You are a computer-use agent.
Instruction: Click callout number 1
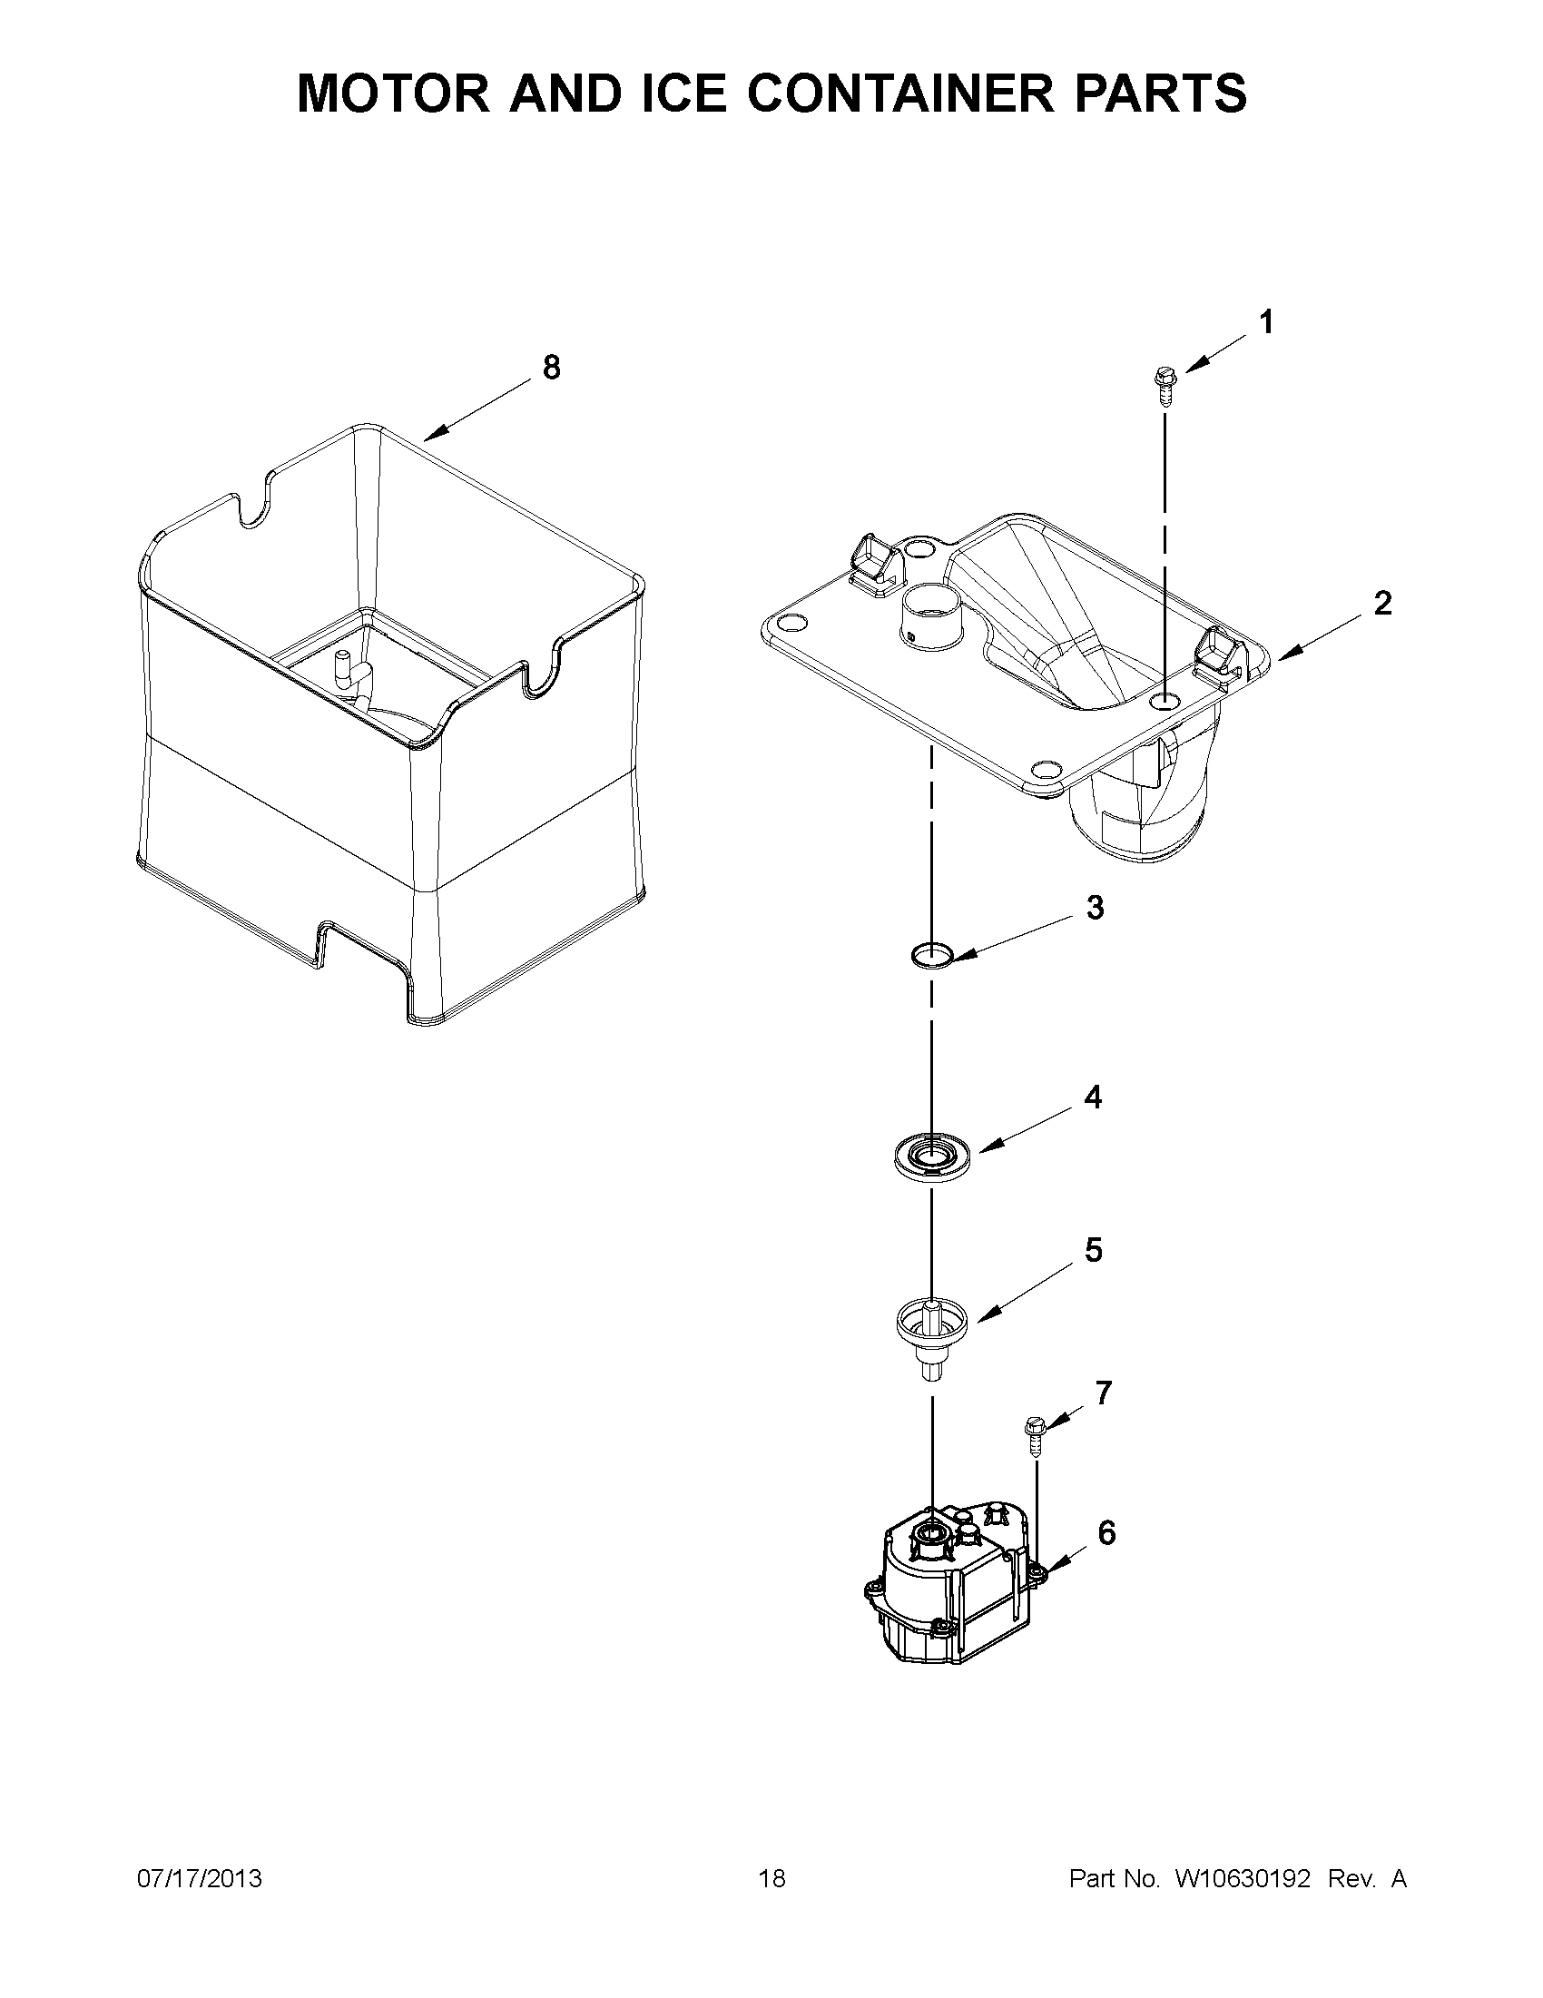1266,323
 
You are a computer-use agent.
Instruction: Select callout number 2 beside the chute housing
1381,604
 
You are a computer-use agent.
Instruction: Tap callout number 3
1095,908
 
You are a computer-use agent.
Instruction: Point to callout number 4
1093,1097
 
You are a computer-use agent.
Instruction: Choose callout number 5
1093,1251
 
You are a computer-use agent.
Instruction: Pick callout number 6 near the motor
1106,1532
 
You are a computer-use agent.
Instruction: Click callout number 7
1104,1393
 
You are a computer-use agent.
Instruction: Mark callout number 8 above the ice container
551,368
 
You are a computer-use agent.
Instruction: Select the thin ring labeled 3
931,956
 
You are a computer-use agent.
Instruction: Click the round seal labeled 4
930,1157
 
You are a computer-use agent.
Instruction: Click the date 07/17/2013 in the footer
200,1879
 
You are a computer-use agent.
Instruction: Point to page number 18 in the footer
772,1879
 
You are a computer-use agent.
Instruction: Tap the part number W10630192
1242,1879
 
